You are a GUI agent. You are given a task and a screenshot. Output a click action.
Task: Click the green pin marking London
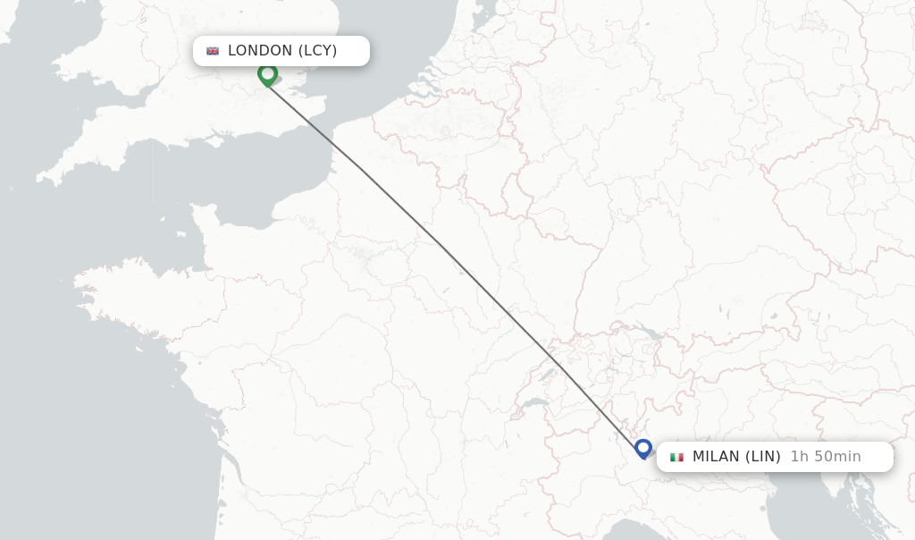pos(267,74)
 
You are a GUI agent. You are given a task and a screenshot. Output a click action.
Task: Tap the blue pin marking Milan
pos(643,448)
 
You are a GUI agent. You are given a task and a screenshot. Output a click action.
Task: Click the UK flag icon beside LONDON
pos(213,51)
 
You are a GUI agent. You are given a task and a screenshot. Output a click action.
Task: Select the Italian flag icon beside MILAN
pos(676,457)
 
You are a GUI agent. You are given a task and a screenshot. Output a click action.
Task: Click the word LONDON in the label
pos(260,51)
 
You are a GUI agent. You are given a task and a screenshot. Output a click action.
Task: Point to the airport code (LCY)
pos(317,51)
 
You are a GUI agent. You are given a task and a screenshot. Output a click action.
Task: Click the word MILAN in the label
pos(716,457)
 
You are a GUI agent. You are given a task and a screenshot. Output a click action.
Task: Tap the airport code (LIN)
pos(763,457)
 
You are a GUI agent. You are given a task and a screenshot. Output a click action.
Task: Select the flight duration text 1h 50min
pos(826,457)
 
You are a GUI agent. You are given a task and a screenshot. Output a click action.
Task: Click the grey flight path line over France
pos(447,249)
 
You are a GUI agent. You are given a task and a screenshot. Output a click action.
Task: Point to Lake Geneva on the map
pos(534,404)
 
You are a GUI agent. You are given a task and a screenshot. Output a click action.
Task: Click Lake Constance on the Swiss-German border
pos(650,333)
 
